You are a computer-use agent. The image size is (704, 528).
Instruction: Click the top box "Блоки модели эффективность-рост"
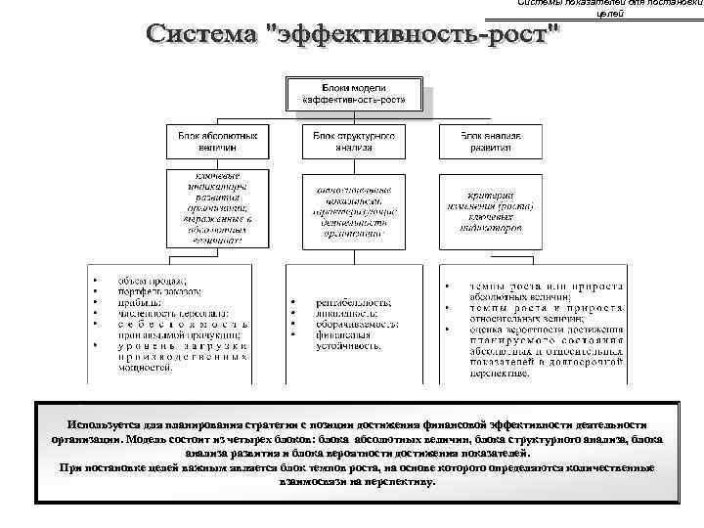354,94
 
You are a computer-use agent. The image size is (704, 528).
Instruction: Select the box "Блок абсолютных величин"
216,140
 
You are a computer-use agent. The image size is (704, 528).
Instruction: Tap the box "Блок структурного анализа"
353,140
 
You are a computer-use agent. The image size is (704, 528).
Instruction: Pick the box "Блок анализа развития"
490,140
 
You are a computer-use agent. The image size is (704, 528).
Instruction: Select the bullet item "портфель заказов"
160,291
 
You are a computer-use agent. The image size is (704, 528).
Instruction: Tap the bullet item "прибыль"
143,303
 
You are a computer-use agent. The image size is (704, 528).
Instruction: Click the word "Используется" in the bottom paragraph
99,425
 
